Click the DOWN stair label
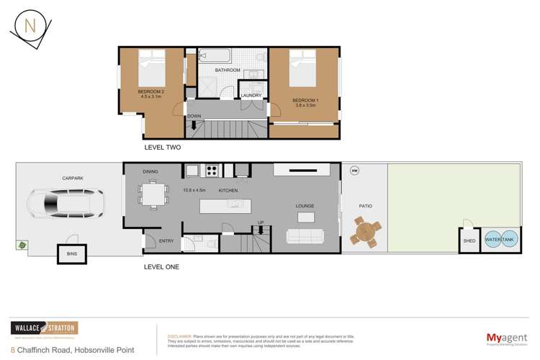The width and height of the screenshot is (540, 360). (x=194, y=116)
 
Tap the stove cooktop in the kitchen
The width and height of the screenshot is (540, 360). (x=213, y=171)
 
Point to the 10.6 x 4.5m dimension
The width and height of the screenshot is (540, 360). (x=194, y=190)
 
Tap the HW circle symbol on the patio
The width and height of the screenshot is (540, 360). (x=354, y=171)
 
